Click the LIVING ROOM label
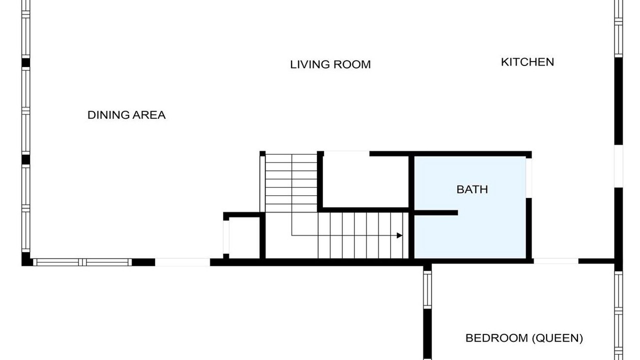coord(330,64)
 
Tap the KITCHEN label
coord(527,62)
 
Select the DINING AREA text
coord(126,115)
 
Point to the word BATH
coord(472,189)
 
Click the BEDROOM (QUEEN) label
coord(524,338)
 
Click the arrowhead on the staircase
coord(399,235)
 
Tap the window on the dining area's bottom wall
coord(82,262)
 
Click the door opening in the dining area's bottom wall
coord(182,262)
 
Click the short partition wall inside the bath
coord(436,212)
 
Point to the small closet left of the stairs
coord(244,237)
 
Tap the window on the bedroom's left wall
coord(427,289)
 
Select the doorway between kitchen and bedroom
coord(555,261)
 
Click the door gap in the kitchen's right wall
coord(618,166)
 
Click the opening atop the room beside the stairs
coord(346,153)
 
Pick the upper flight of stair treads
coord(291,183)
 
